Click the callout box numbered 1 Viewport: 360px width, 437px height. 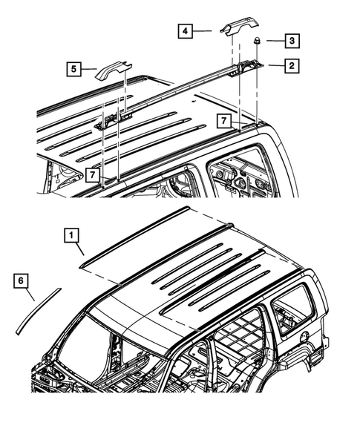tap(72, 237)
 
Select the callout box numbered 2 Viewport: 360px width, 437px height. tap(292, 66)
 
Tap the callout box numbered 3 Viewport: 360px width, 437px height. tap(292, 40)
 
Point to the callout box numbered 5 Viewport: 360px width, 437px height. tap(74, 70)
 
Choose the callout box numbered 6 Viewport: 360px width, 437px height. tap(23, 281)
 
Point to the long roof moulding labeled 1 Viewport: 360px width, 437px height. tap(137, 234)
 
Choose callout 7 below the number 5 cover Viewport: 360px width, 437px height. tap(92, 174)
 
